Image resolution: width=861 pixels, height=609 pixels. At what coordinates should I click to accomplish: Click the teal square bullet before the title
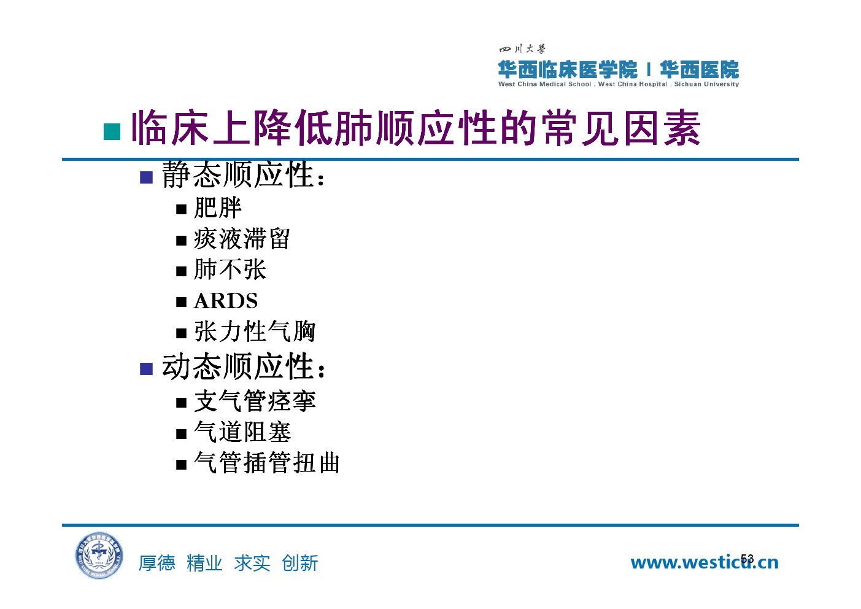coord(112,131)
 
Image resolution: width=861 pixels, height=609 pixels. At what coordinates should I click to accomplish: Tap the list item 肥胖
coord(218,208)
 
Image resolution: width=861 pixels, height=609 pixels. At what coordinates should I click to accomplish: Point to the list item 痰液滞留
coord(242,239)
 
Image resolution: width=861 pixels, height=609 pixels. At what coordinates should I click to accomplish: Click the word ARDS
coord(226,301)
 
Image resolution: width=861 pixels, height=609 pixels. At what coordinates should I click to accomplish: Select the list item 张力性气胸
coord(255,331)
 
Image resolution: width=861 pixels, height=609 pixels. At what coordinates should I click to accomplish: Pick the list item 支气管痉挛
coord(255,401)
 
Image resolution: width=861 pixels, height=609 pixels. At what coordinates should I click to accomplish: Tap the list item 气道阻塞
coord(242,432)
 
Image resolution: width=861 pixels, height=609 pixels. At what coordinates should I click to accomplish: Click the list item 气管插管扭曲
coord(267,462)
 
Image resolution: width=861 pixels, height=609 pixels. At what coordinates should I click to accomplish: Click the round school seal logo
coord(99,555)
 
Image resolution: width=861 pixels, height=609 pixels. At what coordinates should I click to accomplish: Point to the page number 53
coord(747,559)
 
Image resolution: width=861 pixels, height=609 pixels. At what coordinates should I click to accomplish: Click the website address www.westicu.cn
coord(705,562)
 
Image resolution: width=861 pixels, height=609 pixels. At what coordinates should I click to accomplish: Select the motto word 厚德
coord(157,563)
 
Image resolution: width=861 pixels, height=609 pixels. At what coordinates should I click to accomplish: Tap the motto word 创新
coord(300,563)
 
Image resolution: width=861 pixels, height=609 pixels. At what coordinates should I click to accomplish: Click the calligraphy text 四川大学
coord(522,49)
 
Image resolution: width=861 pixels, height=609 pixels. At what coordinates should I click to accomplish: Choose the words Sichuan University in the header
coord(706,84)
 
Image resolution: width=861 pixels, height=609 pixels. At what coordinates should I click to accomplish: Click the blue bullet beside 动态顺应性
coord(147,369)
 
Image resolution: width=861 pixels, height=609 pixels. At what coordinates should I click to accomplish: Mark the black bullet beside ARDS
coord(181,302)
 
